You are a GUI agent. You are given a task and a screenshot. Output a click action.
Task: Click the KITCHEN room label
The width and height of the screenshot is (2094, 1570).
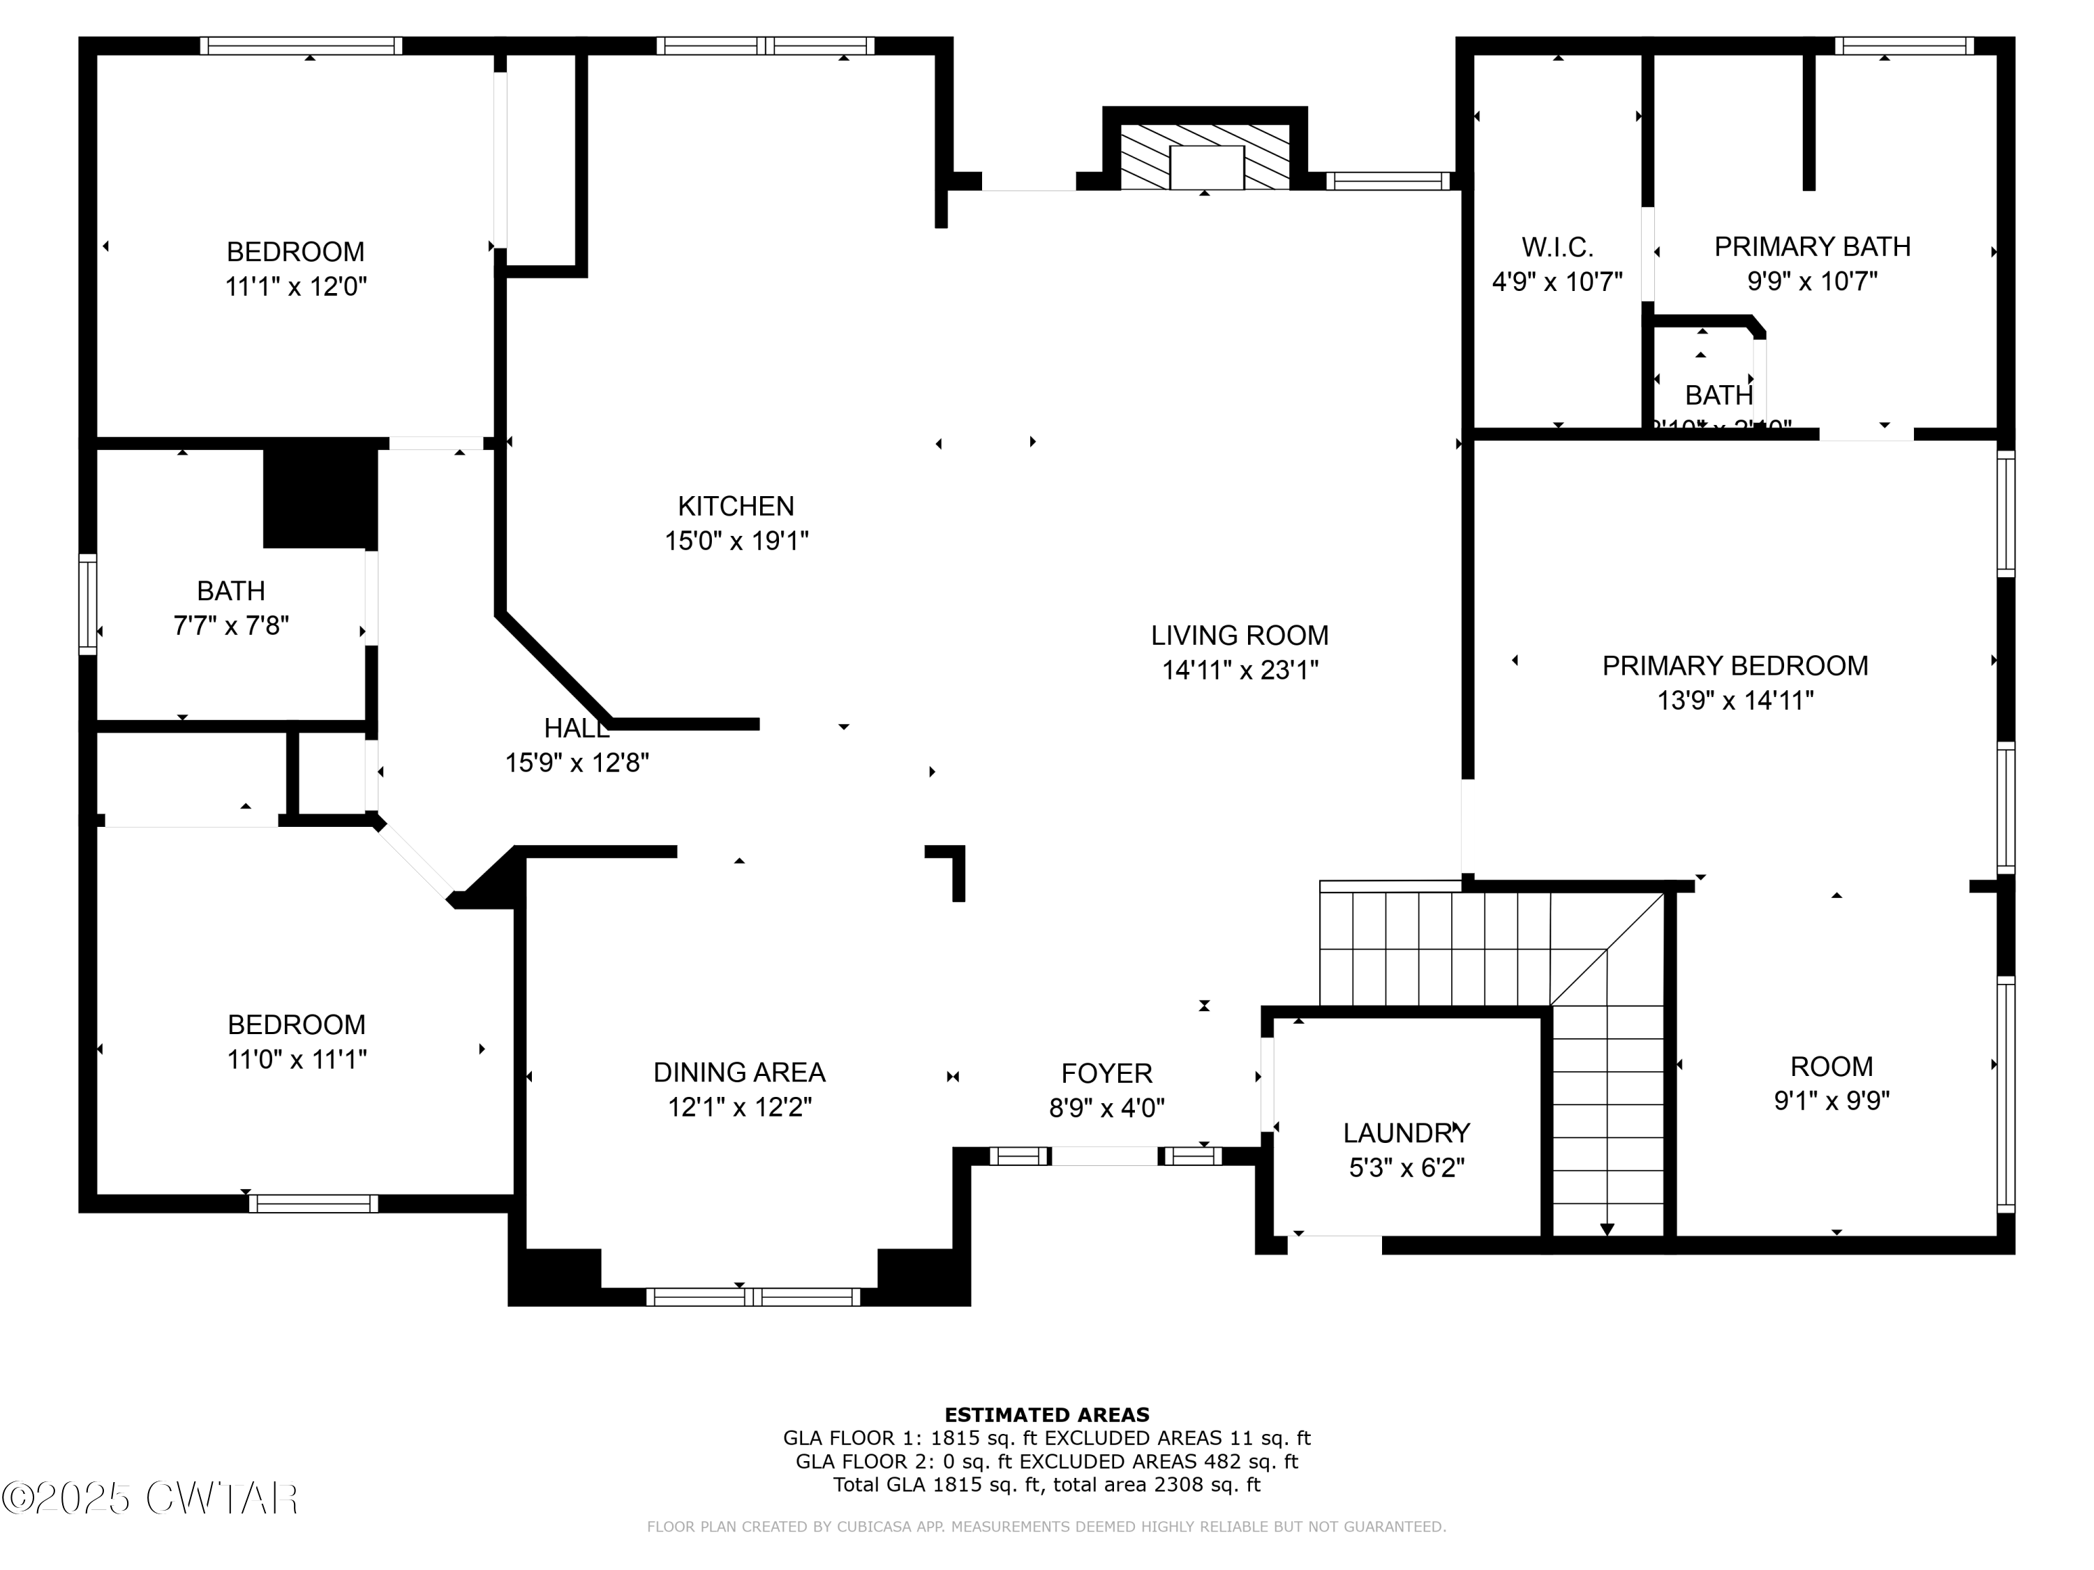(x=736, y=507)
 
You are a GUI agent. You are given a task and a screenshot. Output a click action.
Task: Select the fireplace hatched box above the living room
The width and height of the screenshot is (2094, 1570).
(x=1205, y=157)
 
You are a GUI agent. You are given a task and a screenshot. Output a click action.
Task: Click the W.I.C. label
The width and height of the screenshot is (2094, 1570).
(x=1557, y=248)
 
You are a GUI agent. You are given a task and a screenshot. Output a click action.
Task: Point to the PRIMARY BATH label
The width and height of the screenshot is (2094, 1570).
(x=1812, y=247)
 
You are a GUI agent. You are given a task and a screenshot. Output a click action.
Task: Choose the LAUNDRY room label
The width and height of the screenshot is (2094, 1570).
(x=1406, y=1132)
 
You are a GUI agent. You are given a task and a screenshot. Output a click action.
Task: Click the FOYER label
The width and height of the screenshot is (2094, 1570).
(x=1106, y=1073)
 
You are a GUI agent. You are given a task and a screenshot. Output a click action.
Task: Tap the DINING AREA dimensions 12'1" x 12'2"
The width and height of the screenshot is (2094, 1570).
(x=739, y=1107)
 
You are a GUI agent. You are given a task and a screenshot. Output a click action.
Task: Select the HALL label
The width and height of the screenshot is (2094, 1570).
(x=577, y=728)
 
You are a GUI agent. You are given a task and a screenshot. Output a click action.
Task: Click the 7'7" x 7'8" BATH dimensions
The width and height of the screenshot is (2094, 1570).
(x=231, y=625)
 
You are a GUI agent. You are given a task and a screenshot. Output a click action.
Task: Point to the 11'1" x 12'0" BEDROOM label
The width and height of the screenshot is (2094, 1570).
(x=295, y=252)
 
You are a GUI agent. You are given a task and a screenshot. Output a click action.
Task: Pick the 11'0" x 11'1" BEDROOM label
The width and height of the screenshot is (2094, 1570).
(x=297, y=1025)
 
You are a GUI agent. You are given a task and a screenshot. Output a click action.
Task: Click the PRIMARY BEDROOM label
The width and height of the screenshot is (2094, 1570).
(x=1735, y=666)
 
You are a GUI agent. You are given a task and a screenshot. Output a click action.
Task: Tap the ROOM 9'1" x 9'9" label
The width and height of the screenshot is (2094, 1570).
(x=1831, y=1066)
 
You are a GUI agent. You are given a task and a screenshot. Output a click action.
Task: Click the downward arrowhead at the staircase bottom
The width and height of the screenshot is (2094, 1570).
(x=1607, y=1229)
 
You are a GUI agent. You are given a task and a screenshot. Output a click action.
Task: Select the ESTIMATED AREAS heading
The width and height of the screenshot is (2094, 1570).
(x=1046, y=1415)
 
